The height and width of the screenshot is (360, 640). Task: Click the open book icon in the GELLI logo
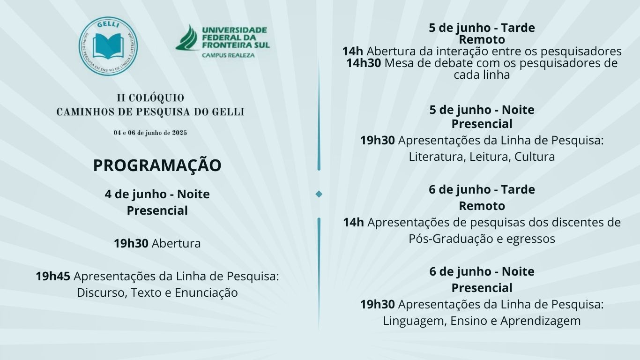point(108,46)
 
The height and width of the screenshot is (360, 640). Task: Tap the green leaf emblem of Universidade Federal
point(187,37)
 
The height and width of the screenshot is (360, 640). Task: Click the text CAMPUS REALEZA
point(228,55)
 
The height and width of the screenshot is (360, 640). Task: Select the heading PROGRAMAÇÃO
point(157,165)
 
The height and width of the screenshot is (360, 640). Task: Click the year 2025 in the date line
point(179,133)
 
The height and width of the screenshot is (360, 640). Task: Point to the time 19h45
point(53,276)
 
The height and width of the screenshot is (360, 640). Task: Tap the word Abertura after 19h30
point(176,243)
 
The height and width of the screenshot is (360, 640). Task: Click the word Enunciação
point(206,292)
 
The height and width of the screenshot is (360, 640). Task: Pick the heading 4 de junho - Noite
point(157,194)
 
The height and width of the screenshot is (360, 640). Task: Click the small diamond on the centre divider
point(319,194)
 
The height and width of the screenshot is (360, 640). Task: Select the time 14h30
point(364,63)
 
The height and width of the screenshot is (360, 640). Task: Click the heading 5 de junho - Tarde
point(482,28)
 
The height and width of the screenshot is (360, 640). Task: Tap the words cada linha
point(482,75)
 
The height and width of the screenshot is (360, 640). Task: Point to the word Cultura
point(535,157)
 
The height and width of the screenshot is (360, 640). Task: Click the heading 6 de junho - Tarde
point(482,189)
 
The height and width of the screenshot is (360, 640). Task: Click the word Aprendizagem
point(541,321)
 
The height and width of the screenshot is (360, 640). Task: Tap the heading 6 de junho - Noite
point(482,271)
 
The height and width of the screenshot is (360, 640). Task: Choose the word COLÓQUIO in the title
point(156,98)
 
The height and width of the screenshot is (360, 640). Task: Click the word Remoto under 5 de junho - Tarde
point(482,39)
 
